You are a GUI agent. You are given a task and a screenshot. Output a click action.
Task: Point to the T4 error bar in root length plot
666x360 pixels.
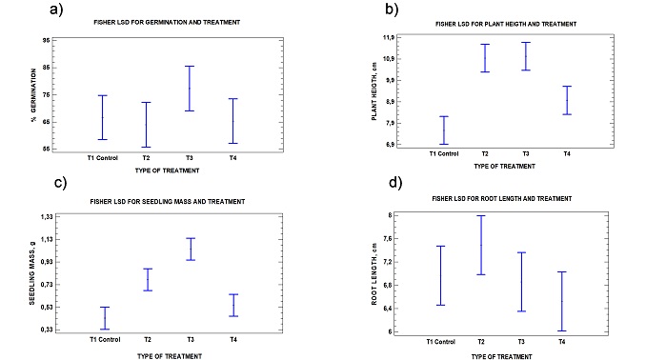(562, 301)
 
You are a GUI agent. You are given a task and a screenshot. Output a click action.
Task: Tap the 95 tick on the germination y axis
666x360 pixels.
(46, 41)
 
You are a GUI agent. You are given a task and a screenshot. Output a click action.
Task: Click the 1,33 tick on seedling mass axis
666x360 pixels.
(44, 217)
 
